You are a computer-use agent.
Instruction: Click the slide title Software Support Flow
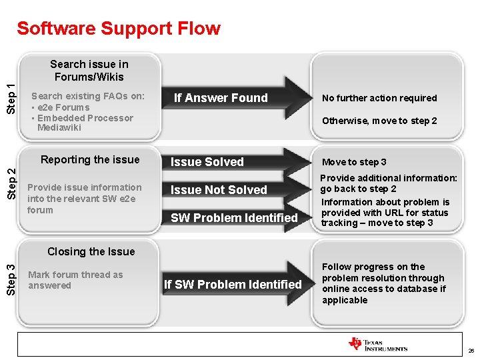click(x=118, y=29)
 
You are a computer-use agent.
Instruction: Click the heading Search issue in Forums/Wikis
click(x=89, y=70)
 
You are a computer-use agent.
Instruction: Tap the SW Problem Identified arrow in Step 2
click(x=234, y=218)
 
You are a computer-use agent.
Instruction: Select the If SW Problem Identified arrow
click(x=233, y=285)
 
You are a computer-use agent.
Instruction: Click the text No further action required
click(x=379, y=98)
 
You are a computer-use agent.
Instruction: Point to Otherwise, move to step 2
click(x=379, y=121)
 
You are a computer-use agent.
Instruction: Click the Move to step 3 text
click(x=354, y=162)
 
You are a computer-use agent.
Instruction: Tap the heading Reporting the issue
click(x=90, y=159)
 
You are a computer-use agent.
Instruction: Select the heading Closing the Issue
click(x=91, y=251)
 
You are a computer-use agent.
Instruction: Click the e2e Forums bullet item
click(x=63, y=107)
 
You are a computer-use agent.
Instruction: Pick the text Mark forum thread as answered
click(x=75, y=280)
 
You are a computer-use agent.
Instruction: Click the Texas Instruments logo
click(x=377, y=345)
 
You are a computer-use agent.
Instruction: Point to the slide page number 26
click(x=471, y=351)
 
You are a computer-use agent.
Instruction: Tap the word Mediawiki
click(x=59, y=127)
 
